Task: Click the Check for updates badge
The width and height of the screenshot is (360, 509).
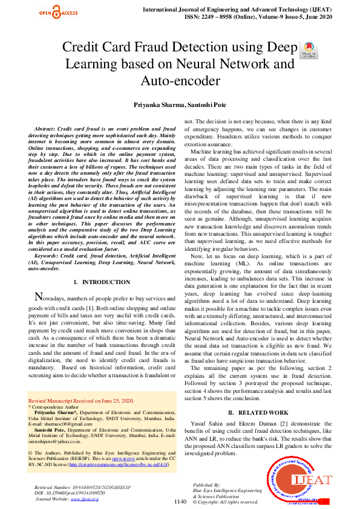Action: tap(308, 50)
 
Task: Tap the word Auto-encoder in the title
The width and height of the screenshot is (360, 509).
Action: tap(180, 80)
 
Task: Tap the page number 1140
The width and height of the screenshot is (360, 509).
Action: tap(180, 501)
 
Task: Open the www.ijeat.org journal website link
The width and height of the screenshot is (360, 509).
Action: tap(85, 499)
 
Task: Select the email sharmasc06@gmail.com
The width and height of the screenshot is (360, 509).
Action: tap(70, 424)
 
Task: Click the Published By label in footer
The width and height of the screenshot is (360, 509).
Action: tap(206, 485)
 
